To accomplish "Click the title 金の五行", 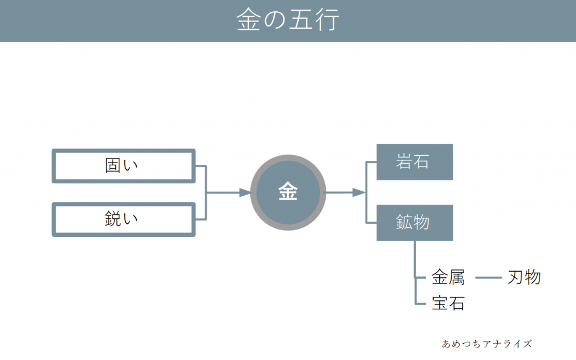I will click(x=287, y=20).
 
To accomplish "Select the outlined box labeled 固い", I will click(x=124, y=166).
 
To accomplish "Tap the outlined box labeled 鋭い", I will click(x=124, y=219).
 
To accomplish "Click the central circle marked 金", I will click(x=288, y=192).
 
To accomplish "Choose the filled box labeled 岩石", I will click(x=415, y=162).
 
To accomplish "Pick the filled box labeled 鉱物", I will click(x=415, y=222).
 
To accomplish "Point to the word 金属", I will click(x=448, y=277).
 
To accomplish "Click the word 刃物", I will click(x=524, y=277).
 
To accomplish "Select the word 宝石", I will click(x=448, y=304).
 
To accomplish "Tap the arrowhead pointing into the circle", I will click(x=245, y=193).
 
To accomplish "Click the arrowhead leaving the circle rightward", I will click(x=359, y=192).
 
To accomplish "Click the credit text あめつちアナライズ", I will click(x=487, y=343).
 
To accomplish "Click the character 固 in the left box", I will click(x=114, y=166).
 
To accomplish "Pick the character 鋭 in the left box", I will click(x=114, y=219).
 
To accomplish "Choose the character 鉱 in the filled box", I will click(x=405, y=222).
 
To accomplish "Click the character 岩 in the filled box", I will click(x=405, y=162).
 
